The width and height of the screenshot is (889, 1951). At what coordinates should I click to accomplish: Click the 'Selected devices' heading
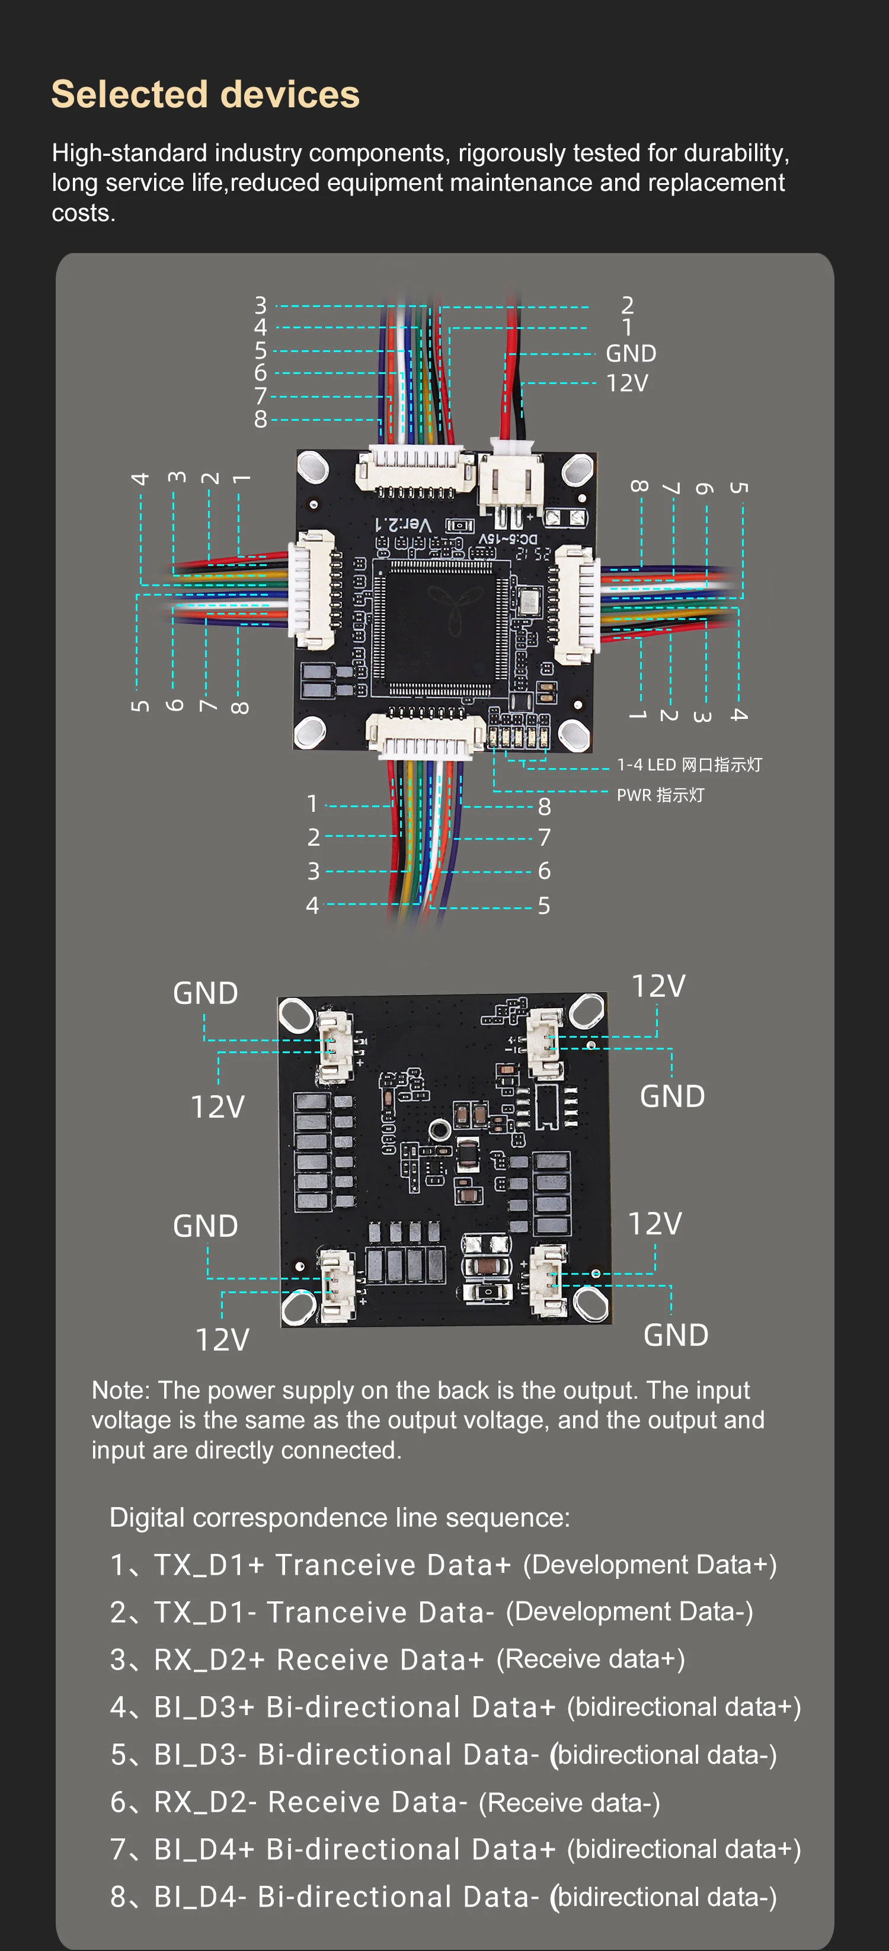click(205, 95)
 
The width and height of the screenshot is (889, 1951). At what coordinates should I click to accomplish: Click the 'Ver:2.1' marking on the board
click(403, 524)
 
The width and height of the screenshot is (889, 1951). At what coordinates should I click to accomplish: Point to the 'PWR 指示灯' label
click(660, 795)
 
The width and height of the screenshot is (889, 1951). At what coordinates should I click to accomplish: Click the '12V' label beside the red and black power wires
click(627, 383)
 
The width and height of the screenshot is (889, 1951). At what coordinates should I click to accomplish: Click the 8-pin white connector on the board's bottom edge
click(425, 735)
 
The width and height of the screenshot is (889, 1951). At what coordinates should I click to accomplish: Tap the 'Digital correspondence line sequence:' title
click(339, 1517)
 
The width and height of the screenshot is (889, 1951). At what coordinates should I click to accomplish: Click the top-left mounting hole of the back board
click(296, 1015)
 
